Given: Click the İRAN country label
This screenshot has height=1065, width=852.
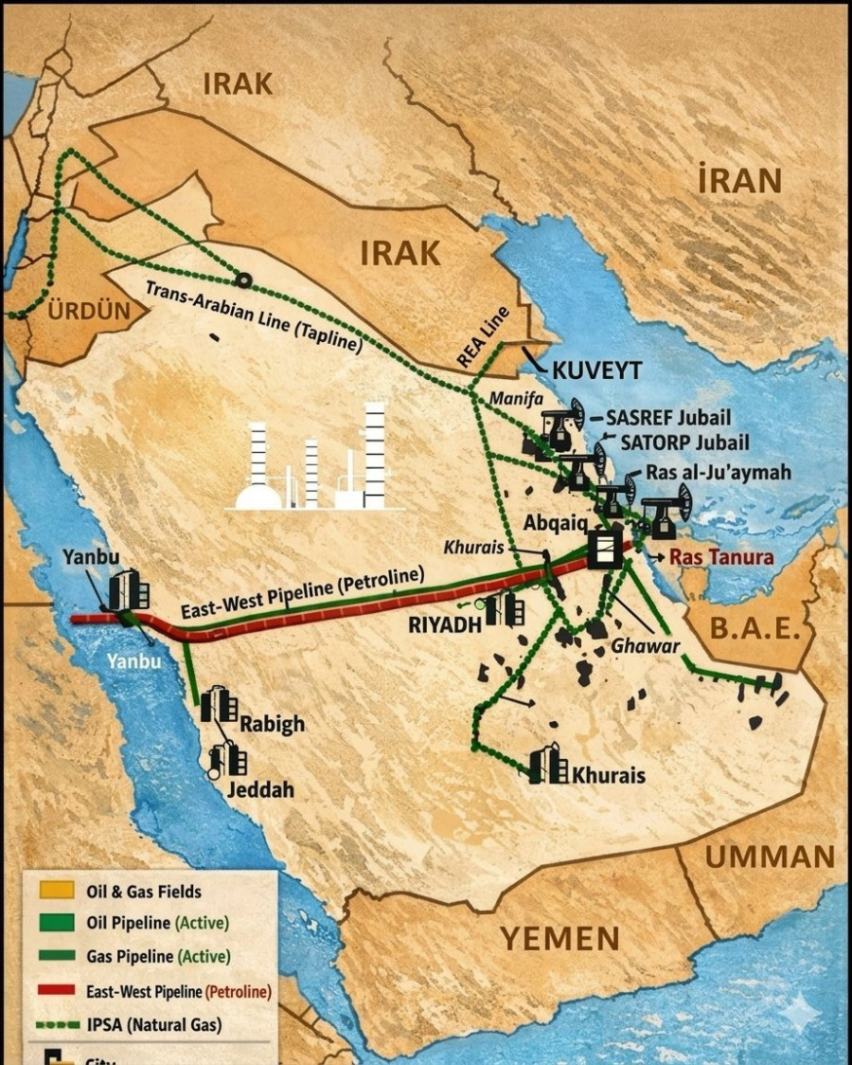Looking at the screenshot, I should [739, 180].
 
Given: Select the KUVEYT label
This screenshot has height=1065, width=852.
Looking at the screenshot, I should [596, 370].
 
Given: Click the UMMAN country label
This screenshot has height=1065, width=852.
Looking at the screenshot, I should [770, 857].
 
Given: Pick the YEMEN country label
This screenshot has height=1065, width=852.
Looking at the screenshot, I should [559, 937].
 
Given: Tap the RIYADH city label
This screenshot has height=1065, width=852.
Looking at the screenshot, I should [446, 624].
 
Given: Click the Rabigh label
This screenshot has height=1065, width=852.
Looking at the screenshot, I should [272, 723].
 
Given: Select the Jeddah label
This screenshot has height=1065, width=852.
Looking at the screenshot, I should [259, 788].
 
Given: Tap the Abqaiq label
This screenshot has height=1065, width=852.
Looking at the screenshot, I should [555, 523].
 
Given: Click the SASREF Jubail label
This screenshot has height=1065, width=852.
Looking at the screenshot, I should [668, 417].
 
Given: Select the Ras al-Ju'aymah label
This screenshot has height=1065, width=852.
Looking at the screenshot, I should [718, 472].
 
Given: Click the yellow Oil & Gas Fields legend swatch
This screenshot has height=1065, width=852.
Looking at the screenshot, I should [54, 892].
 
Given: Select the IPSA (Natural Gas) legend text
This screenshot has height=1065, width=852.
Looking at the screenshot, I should [155, 1024].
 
